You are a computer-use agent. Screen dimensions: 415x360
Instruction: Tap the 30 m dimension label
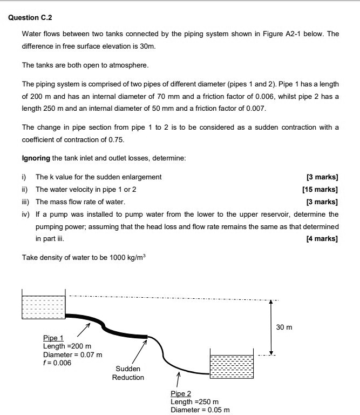point(283,327)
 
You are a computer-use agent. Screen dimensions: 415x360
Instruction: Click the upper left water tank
point(43,309)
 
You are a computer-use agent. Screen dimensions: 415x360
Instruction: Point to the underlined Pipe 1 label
point(53,338)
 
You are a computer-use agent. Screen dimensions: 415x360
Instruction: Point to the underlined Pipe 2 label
point(181,394)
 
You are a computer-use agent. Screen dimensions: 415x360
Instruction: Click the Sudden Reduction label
point(128,373)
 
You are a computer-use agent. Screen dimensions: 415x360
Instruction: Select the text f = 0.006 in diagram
point(57,363)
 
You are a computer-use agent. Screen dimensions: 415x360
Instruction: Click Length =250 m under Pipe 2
point(194,402)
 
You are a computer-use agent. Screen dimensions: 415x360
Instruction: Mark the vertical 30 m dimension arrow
point(271,327)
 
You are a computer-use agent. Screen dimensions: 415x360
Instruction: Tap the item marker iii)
point(26,202)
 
